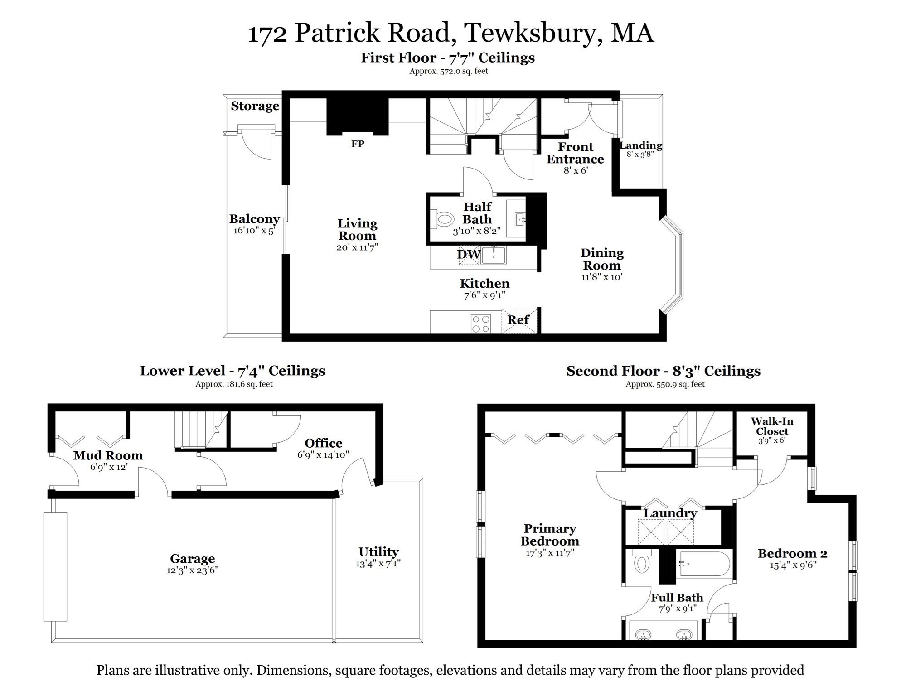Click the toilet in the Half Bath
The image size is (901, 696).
[x=443, y=220]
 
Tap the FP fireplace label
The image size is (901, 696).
[x=358, y=144]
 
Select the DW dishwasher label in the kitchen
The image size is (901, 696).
[x=468, y=254]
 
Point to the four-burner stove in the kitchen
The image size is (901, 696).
[x=481, y=324]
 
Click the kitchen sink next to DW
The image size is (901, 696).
[x=494, y=256]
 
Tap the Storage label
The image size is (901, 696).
[x=255, y=106]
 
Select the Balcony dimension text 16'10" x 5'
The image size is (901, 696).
[x=254, y=231]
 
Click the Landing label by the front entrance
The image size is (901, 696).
[x=640, y=145]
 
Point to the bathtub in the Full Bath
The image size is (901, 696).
[x=705, y=564]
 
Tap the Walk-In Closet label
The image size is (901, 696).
[x=772, y=426]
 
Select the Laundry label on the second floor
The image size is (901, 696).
[x=670, y=513]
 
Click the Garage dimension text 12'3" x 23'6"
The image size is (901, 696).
[x=192, y=570]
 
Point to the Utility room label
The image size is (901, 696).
[x=378, y=552]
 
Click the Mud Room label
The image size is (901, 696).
[x=108, y=455]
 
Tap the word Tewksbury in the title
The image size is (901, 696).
[x=533, y=34]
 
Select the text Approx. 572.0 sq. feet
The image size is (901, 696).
[x=448, y=71]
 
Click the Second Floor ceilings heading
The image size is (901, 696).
[x=663, y=371]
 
